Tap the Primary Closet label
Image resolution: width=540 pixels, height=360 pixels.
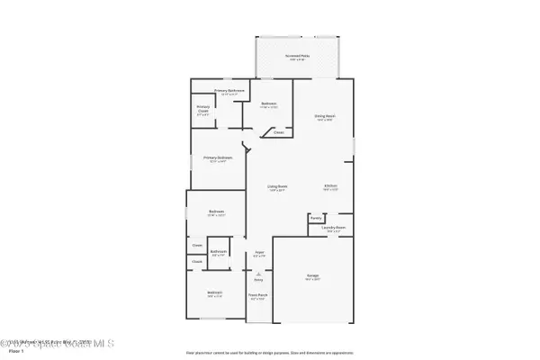click(203, 111)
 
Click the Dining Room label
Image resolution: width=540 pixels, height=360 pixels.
click(325, 117)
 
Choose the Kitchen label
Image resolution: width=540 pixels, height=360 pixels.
click(331, 187)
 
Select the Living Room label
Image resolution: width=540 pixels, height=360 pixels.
click(276, 187)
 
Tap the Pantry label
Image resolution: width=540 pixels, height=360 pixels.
click(316, 218)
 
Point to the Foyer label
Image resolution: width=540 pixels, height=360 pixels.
click(258, 255)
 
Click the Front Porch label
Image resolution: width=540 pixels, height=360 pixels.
click(258, 296)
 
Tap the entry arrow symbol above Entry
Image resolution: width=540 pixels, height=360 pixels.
click(258, 273)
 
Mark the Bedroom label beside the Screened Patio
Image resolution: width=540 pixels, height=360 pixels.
click(269, 104)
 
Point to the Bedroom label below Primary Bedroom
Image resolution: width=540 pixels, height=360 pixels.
click(215, 213)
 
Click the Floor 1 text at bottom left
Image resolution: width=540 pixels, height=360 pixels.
click(12, 352)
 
